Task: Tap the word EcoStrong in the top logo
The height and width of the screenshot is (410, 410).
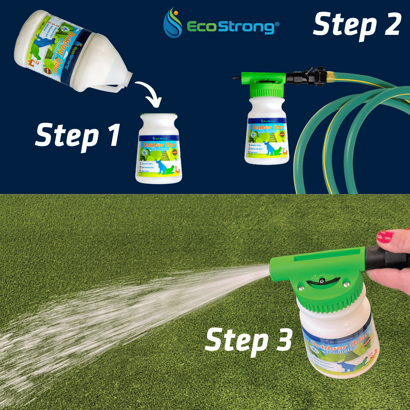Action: point(231,27)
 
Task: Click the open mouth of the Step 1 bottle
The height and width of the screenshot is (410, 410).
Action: point(159,115)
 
